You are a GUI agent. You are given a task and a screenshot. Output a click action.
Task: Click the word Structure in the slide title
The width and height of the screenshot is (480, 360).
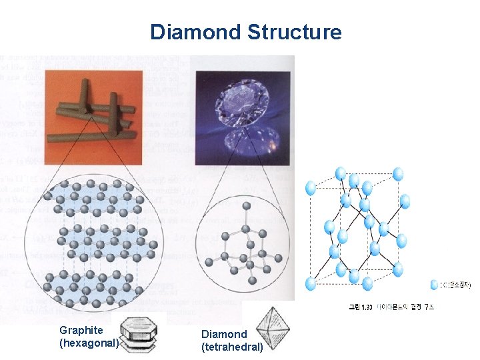point(294,32)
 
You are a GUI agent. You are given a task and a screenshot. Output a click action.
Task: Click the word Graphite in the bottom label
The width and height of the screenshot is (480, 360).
point(81,330)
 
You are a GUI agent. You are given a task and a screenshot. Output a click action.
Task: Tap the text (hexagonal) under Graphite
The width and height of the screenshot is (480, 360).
point(89,343)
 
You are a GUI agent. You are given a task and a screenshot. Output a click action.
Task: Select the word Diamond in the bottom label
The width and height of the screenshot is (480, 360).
point(223,334)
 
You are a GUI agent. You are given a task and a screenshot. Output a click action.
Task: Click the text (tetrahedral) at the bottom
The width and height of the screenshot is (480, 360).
point(232,347)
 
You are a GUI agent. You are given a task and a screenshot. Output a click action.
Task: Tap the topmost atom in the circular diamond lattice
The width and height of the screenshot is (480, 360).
point(247,205)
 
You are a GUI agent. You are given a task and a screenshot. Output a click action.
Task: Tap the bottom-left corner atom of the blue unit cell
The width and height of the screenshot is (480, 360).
point(310,284)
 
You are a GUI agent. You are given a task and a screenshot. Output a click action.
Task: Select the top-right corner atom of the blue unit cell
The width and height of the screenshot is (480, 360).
point(398,175)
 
